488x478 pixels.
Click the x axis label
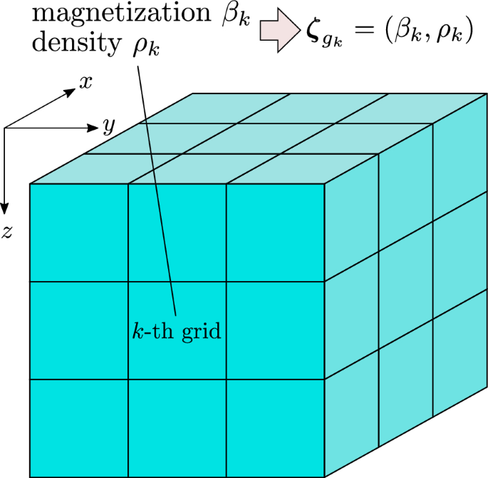(x=85, y=83)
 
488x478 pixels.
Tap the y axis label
(x=108, y=126)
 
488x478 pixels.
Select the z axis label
(x=6, y=231)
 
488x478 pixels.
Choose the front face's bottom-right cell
(x=276, y=428)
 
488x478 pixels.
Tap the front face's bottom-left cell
(x=78, y=428)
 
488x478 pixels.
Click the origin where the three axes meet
(x=6, y=128)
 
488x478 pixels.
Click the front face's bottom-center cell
(x=177, y=428)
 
